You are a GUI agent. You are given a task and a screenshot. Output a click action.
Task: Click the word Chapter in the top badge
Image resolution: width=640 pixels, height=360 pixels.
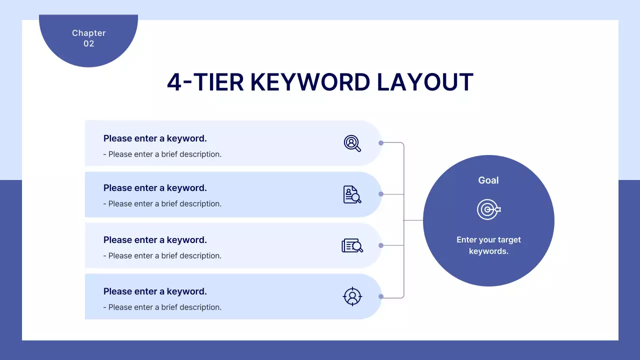point(88,33)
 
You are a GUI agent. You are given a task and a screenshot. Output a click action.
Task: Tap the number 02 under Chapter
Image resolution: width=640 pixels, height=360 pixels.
point(88,44)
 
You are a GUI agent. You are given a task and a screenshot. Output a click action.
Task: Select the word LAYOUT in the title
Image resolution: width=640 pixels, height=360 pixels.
point(424,82)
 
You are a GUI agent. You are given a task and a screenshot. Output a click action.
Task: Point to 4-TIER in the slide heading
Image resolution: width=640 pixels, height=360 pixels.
point(205,82)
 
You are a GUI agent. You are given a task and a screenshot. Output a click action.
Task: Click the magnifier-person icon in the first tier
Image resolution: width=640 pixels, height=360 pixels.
point(352,143)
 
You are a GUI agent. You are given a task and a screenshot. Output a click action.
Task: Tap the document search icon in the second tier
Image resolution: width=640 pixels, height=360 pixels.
point(352,194)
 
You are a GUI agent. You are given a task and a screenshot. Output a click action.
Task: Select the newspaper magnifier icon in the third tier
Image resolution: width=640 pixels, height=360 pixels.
point(352,245)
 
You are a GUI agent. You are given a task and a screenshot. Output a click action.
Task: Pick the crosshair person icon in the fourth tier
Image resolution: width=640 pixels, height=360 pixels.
point(352,296)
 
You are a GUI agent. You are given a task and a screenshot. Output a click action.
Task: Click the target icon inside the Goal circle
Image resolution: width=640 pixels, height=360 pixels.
point(488,209)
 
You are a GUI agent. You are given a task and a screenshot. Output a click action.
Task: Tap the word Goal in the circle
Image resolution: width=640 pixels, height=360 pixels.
point(488,180)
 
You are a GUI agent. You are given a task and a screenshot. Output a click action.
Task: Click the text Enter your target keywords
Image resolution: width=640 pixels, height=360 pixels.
point(488,245)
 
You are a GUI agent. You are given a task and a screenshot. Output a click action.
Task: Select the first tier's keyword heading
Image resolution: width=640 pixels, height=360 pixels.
point(155,138)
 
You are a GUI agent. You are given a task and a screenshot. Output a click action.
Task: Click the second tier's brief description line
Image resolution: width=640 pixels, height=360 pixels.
point(162,204)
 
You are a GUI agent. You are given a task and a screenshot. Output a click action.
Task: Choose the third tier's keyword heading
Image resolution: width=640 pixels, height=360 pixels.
point(155,240)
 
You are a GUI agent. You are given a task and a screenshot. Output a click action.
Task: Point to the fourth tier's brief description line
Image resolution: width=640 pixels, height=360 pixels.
point(162,307)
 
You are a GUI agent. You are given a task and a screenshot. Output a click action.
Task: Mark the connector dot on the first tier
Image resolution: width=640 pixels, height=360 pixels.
point(381,143)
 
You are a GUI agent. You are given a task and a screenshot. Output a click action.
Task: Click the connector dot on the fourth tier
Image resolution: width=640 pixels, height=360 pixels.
point(381,296)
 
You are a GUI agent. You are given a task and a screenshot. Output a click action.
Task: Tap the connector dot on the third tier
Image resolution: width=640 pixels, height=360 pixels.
point(381,245)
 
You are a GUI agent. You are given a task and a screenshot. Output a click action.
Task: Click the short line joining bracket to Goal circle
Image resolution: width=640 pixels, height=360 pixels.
point(413,220)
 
